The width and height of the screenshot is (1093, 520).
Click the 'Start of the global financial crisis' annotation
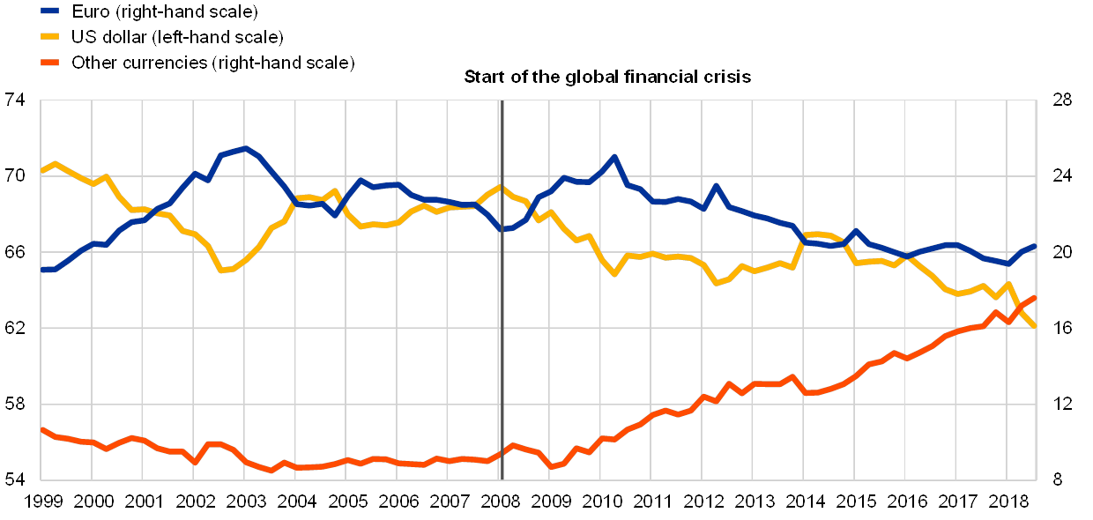click(x=607, y=77)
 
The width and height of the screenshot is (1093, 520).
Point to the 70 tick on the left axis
click(x=15, y=176)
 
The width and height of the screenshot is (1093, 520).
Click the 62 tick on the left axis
click(x=15, y=328)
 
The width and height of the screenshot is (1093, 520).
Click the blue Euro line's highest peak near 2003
click(x=245, y=148)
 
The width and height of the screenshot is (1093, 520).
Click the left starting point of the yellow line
click(x=41, y=171)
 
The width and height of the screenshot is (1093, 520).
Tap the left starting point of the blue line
click(x=41, y=270)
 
